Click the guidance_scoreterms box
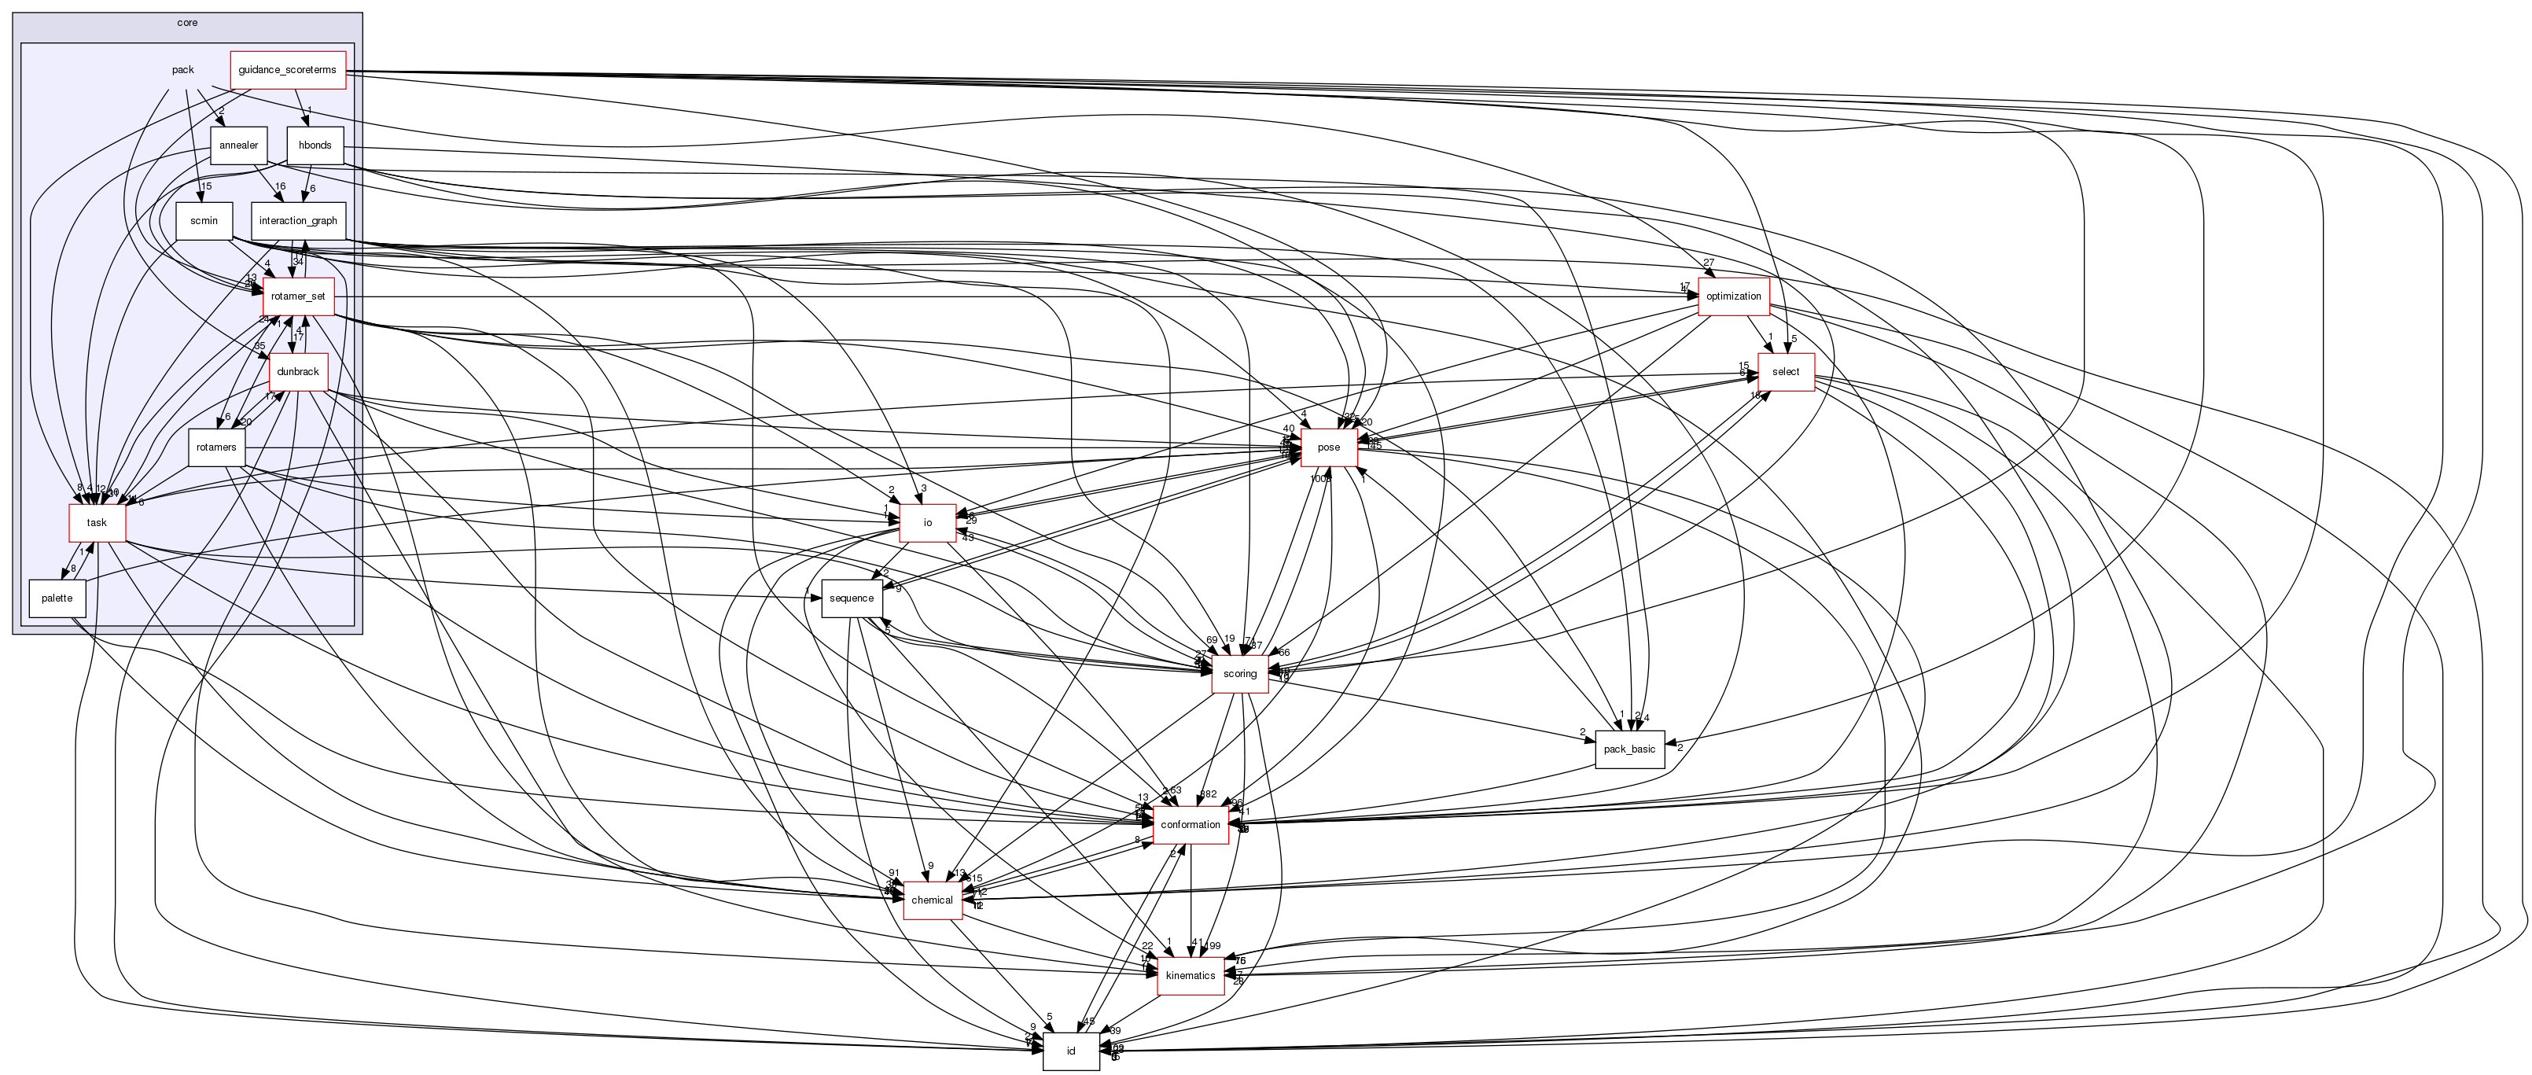(287, 70)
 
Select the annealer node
(237, 145)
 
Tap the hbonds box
(315, 145)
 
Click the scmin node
(204, 221)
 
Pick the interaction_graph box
(298, 221)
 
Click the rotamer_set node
(298, 296)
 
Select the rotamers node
(216, 448)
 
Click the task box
(96, 523)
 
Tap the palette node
(57, 598)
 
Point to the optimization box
(1733, 296)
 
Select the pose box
(1328, 448)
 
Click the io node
(927, 523)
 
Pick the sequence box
(851, 598)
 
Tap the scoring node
(1239, 674)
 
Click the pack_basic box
(1629, 749)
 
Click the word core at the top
(187, 23)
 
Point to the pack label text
(182, 70)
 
